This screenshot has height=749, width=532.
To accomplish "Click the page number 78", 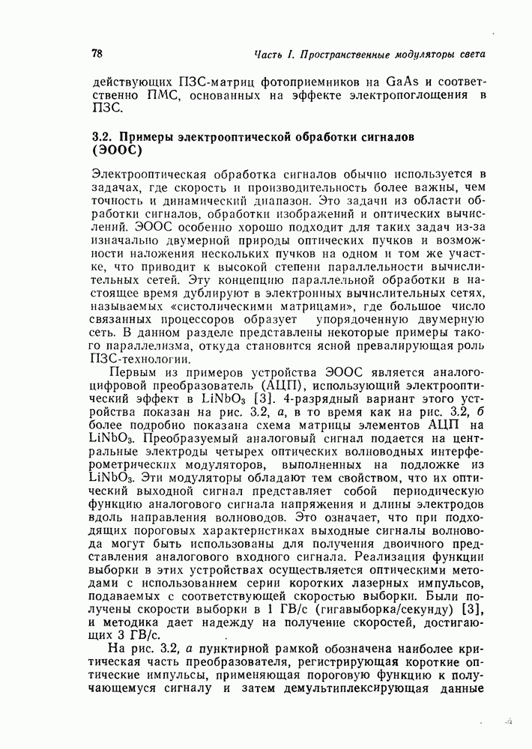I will pos(97,54).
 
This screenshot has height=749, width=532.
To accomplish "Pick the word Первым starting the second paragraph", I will pos(132,373).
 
